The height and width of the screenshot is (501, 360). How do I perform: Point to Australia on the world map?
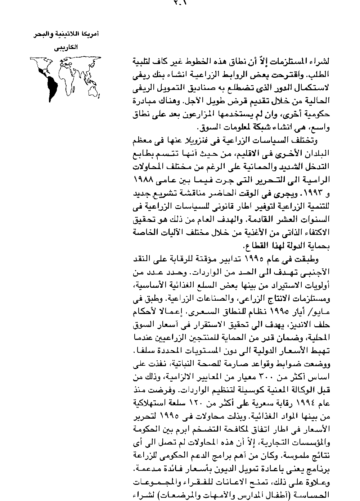coord(94,87)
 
